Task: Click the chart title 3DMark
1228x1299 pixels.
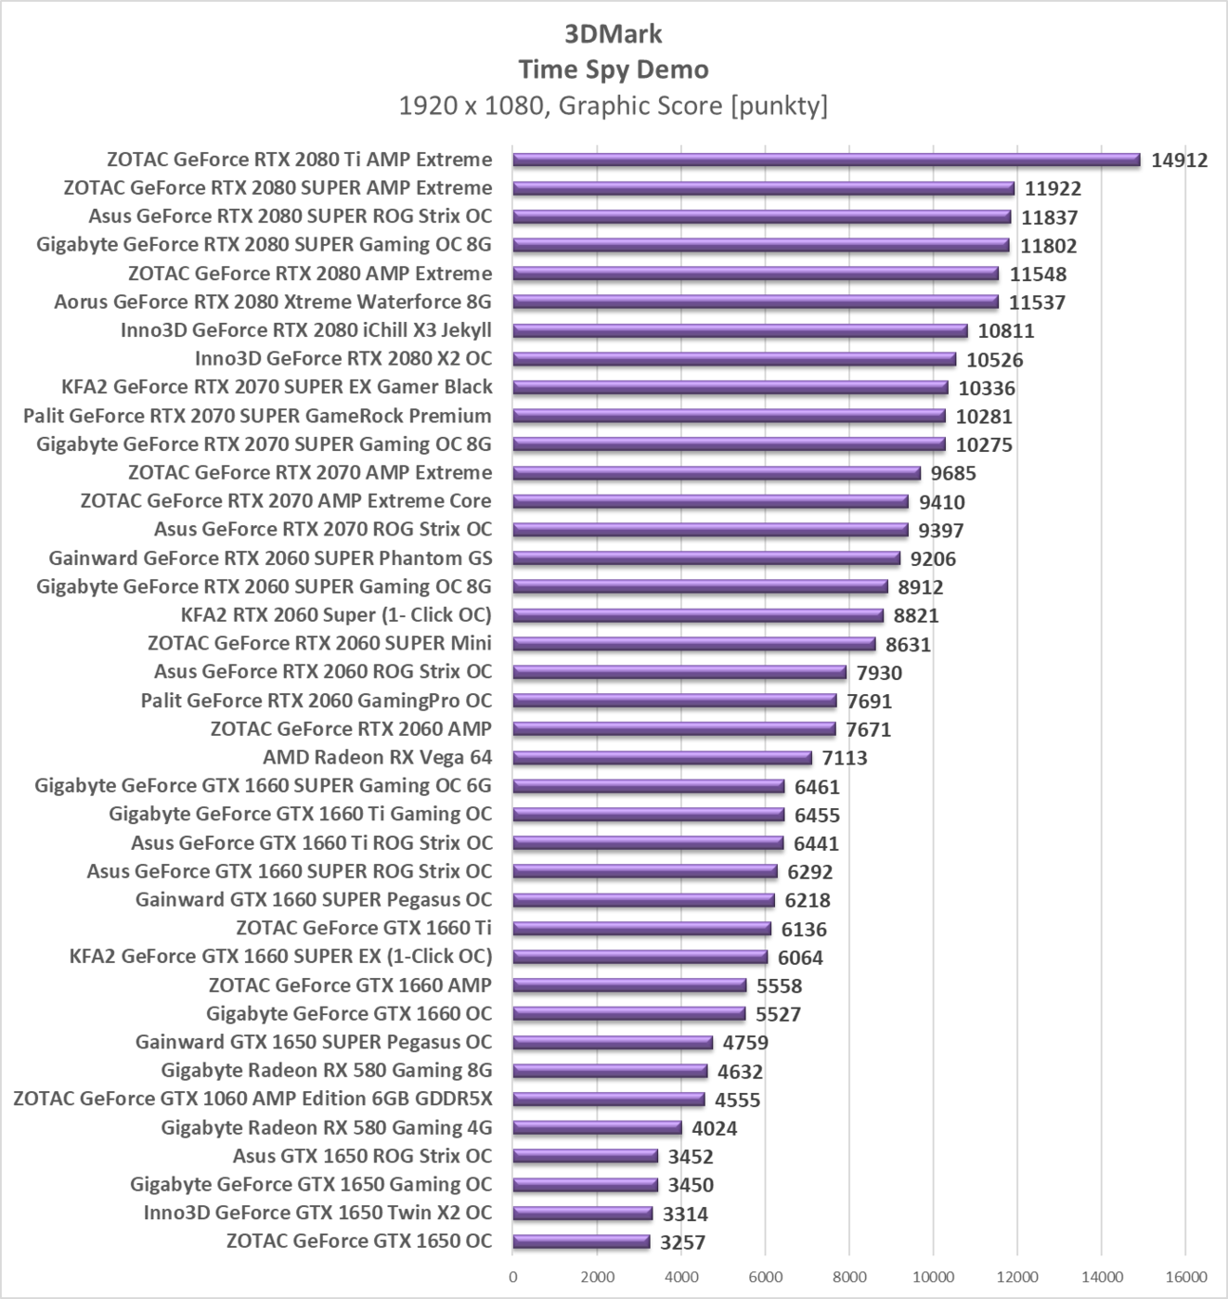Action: pos(613,34)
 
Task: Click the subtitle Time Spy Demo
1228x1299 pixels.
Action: pos(613,70)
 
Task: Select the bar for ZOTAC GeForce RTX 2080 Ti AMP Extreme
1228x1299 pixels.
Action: pos(826,160)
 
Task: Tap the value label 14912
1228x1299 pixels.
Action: pos(1179,161)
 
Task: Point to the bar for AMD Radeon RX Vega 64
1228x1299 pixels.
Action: pos(662,758)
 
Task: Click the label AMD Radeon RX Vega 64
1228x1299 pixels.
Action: pos(377,757)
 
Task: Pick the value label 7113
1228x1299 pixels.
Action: pos(844,758)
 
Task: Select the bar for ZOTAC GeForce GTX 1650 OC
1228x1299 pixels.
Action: pos(581,1241)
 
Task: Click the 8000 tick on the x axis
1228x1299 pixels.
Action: pos(849,1277)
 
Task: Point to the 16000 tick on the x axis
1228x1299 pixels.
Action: pos(1185,1277)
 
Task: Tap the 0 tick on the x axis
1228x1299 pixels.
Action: pos(513,1277)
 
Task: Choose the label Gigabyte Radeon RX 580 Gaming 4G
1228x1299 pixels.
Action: pos(326,1127)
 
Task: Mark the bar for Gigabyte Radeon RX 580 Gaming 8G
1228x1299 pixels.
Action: pos(610,1071)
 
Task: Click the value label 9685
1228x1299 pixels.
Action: pos(953,473)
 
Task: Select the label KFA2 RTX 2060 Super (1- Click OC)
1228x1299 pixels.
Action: pos(336,614)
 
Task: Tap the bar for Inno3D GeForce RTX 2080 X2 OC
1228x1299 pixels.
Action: pos(734,359)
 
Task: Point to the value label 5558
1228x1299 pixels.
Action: pos(779,985)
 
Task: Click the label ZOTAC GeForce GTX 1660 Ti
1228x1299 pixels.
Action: pos(364,928)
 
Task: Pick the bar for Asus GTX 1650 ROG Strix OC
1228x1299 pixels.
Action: pos(586,1156)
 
